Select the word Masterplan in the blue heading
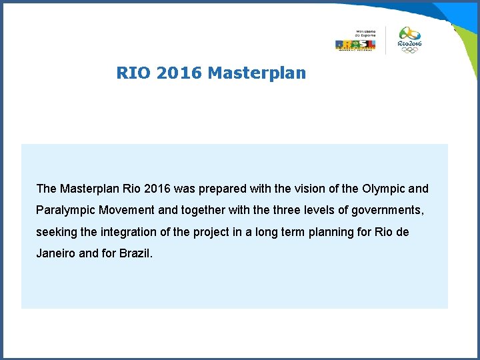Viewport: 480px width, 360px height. (x=257, y=73)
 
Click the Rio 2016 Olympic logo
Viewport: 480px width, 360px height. (x=409, y=40)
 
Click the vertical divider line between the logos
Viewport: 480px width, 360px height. (x=386, y=41)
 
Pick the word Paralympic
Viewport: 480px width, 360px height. (x=66, y=211)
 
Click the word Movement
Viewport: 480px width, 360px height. (x=127, y=211)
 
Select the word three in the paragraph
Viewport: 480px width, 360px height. (x=291, y=211)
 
